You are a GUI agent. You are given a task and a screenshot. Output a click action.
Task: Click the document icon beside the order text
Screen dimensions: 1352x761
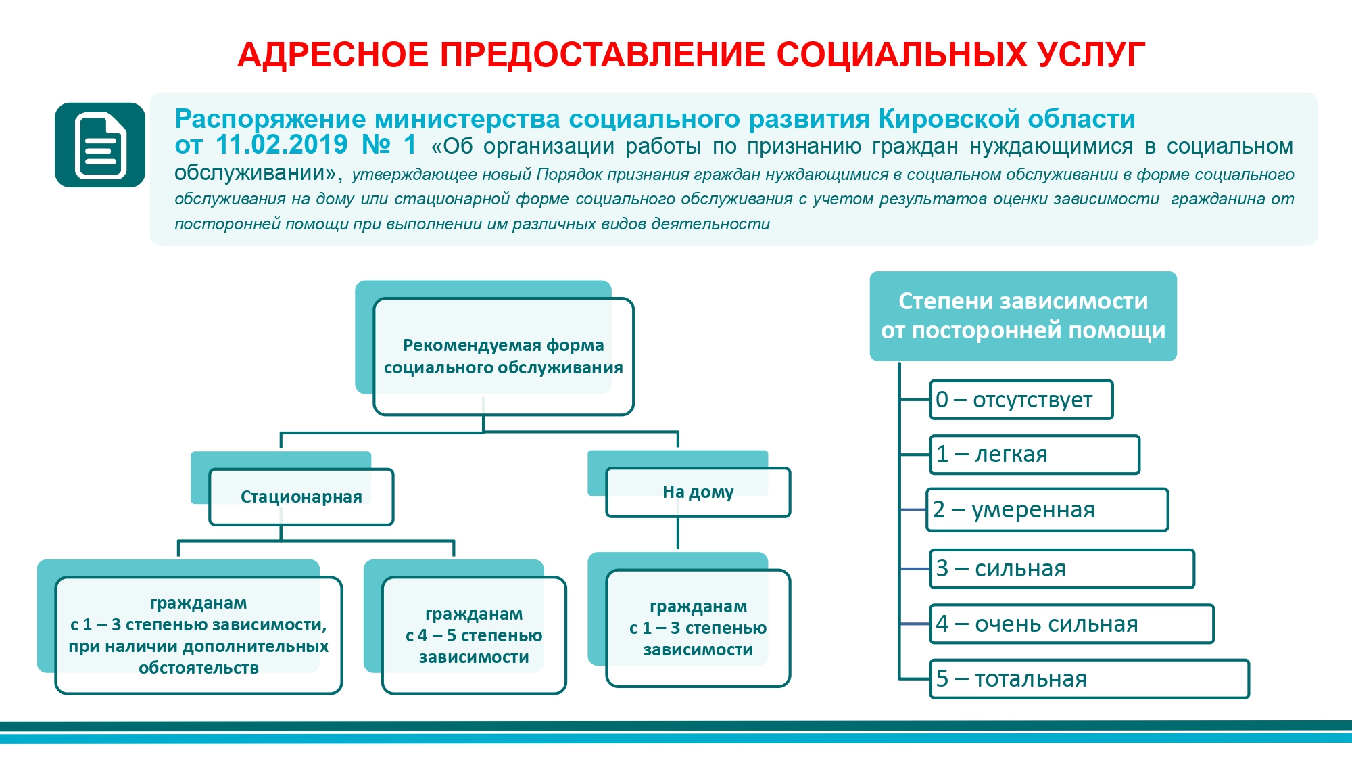[100, 145]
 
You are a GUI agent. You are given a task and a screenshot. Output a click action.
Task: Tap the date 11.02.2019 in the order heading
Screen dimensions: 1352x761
[281, 145]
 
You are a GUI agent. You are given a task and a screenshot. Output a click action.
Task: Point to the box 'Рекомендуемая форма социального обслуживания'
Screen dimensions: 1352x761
[504, 356]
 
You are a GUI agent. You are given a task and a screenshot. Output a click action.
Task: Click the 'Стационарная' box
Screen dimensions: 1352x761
[301, 497]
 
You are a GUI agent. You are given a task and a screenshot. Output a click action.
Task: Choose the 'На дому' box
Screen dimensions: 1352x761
[698, 492]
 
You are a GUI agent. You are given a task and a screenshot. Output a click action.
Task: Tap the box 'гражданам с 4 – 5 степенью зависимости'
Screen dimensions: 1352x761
[474, 635]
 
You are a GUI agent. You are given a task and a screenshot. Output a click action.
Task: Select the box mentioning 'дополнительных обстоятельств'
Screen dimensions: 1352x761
[199, 635]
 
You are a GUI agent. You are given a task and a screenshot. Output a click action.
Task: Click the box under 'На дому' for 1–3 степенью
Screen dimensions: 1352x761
[698, 628]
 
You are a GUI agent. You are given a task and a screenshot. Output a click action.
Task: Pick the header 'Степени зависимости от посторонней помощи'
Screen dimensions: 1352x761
[1023, 316]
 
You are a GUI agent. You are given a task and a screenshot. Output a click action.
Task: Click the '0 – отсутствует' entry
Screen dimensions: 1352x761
[1021, 400]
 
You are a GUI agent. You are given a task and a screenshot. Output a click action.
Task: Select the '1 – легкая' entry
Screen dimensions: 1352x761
[1035, 455]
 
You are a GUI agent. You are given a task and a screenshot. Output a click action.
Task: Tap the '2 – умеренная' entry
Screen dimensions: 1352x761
[1047, 510]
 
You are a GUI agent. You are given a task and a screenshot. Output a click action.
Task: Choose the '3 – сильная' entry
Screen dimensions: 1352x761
[1062, 569]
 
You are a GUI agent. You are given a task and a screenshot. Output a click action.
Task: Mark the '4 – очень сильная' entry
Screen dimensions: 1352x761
[1072, 624]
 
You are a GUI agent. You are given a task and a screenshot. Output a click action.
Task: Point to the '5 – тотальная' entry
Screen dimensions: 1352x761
[1090, 678]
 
